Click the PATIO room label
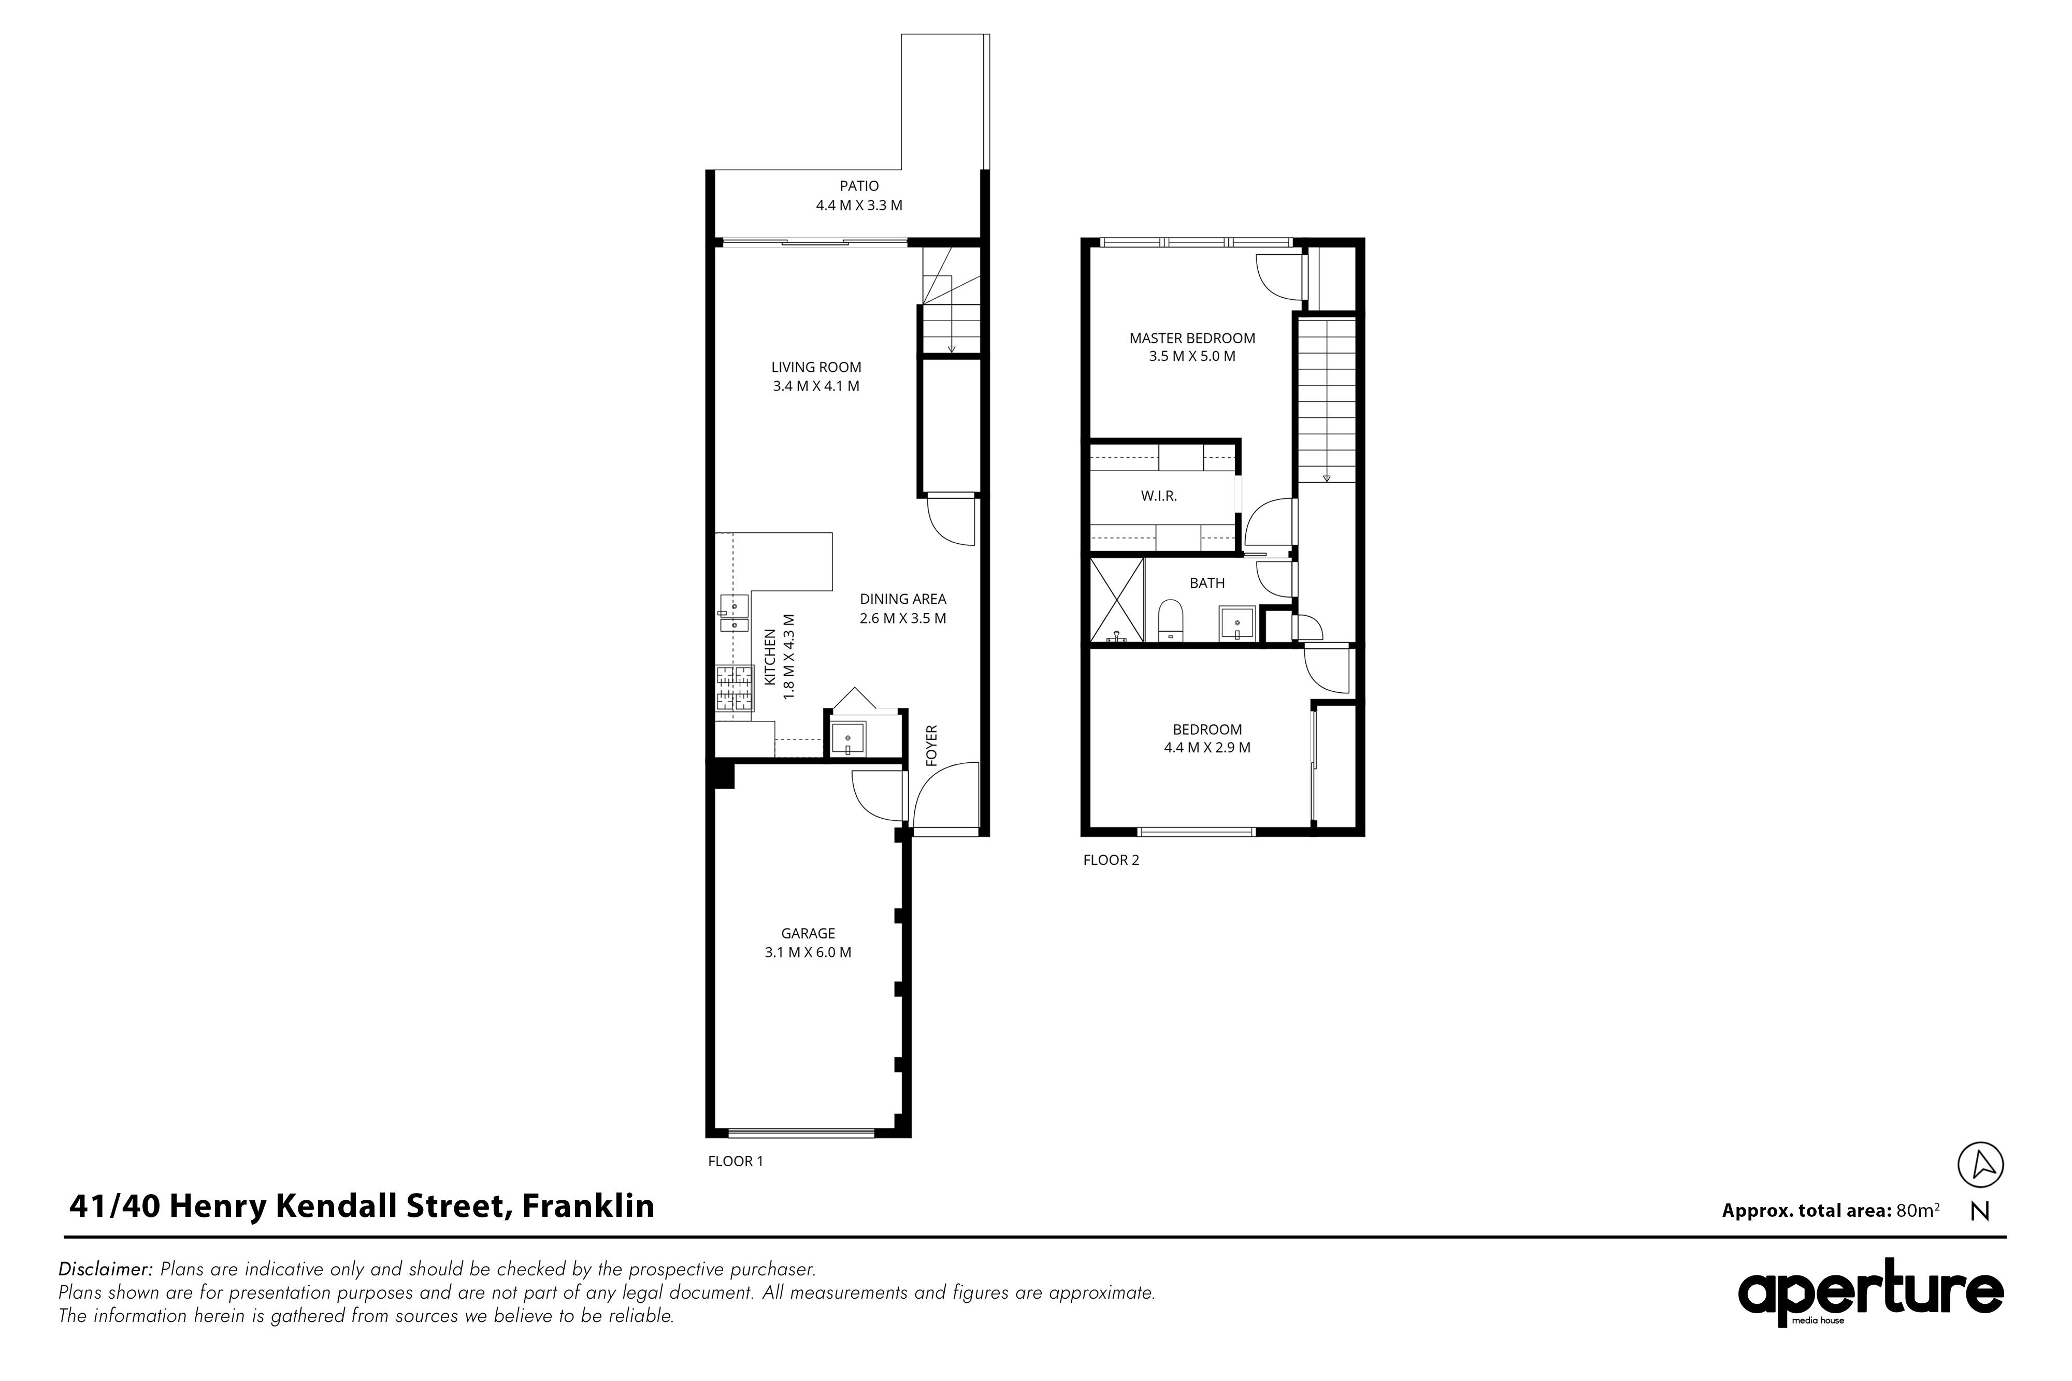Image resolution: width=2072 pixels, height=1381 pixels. click(x=859, y=186)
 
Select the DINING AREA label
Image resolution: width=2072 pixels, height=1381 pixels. click(x=903, y=599)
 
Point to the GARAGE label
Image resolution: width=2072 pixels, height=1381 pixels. click(x=808, y=934)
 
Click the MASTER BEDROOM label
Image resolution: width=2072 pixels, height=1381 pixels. click(x=1192, y=338)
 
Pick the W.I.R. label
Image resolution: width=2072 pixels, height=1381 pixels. click(x=1158, y=497)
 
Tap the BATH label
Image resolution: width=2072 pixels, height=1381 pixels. click(x=1207, y=583)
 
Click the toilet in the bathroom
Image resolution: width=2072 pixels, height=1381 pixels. click(x=1170, y=621)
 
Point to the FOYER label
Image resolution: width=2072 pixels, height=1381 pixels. click(x=932, y=744)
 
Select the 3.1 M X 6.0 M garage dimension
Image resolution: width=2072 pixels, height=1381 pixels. click(x=808, y=952)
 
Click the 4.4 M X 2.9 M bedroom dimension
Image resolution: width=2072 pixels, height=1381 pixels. click(x=1207, y=748)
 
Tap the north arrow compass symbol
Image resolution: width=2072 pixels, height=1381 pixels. click(x=1980, y=1165)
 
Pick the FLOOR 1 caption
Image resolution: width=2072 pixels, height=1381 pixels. click(x=736, y=1161)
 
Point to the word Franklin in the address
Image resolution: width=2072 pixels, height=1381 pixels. click(x=588, y=1206)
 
